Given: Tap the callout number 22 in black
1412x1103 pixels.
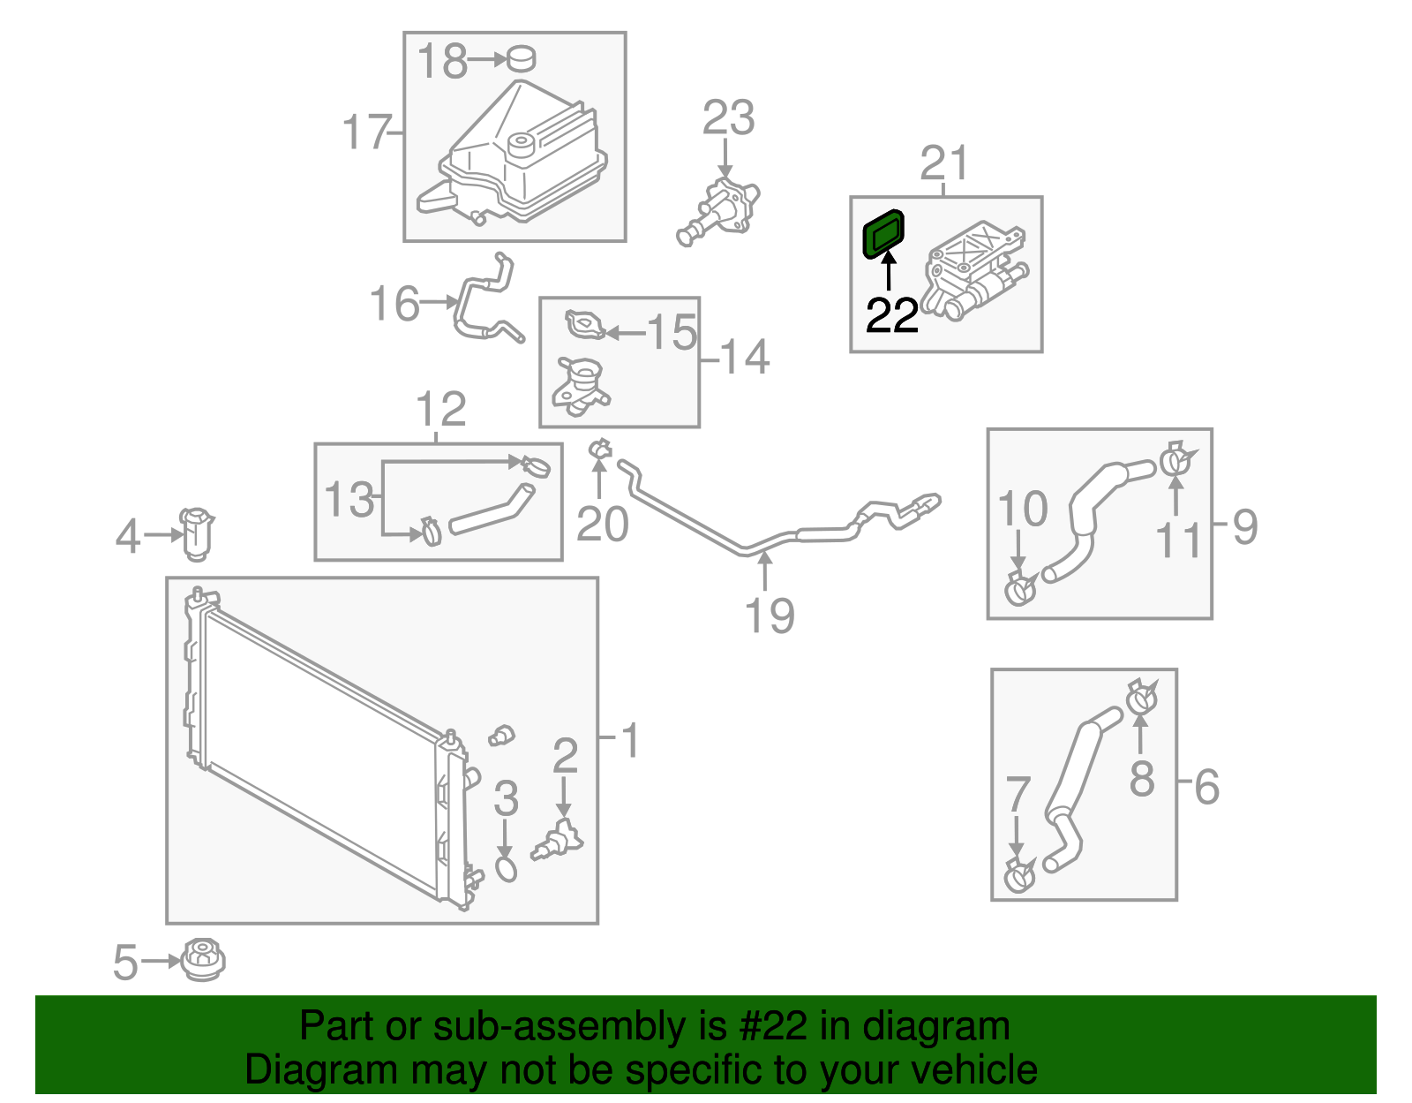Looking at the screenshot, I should pyautogui.click(x=892, y=315).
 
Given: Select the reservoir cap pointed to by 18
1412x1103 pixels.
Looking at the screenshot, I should pyautogui.click(x=522, y=59).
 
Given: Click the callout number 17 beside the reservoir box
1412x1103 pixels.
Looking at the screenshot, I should pyautogui.click(x=366, y=132).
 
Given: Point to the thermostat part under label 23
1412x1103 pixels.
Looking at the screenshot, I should pyautogui.click(x=720, y=213).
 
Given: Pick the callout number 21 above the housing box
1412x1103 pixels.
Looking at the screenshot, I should pyautogui.click(x=944, y=163).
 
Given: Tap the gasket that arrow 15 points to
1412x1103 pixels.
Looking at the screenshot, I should pyautogui.click(x=585, y=325).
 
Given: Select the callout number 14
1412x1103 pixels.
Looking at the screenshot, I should pyautogui.click(x=745, y=358).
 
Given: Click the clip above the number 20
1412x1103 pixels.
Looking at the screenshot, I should pyautogui.click(x=600, y=450).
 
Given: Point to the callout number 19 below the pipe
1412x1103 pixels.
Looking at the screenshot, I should pyautogui.click(x=769, y=616).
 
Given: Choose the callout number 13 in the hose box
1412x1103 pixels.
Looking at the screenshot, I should pyautogui.click(x=349, y=500).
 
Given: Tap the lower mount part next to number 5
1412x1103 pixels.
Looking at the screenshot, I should pyautogui.click(x=203, y=960).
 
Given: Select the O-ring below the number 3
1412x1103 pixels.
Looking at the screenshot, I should pyautogui.click(x=506, y=868).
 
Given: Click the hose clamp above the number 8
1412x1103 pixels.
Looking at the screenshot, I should pyautogui.click(x=1141, y=699).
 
